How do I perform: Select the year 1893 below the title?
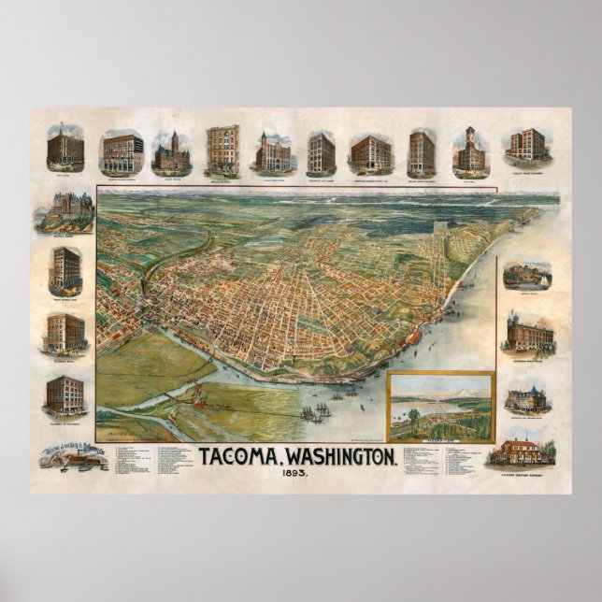point(287,474)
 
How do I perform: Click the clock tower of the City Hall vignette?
point(470,137)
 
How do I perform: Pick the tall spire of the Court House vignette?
point(171,139)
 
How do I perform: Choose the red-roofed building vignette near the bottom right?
point(522,452)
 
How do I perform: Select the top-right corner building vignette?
point(527,145)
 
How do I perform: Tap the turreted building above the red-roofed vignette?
point(528,397)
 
